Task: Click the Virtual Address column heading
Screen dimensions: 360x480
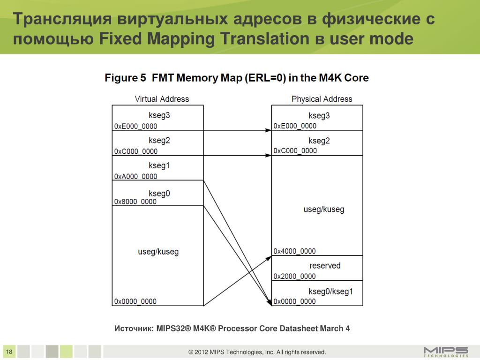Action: pyautogui.click(x=162, y=99)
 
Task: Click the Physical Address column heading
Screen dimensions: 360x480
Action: pyautogui.click(x=322, y=99)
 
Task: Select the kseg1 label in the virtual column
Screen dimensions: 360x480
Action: pyautogui.click(x=159, y=165)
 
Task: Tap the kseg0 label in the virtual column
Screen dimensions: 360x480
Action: pyautogui.click(x=159, y=193)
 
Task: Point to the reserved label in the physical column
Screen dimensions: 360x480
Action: pyautogui.click(x=325, y=266)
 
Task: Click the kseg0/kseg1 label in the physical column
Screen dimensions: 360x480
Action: pyautogui.click(x=331, y=292)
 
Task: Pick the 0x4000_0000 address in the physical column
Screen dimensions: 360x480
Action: pyautogui.click(x=295, y=251)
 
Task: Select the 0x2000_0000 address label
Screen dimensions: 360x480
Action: pyautogui.click(x=295, y=276)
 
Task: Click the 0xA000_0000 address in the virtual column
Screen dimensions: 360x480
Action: pyautogui.click(x=135, y=176)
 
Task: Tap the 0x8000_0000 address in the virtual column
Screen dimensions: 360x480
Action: pyautogui.click(x=135, y=202)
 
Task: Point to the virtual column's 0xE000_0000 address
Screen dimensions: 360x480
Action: pyautogui.click(x=135, y=126)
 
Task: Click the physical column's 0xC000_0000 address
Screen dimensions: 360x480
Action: pyautogui.click(x=295, y=150)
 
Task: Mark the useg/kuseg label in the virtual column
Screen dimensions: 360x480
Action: pyautogui.click(x=158, y=252)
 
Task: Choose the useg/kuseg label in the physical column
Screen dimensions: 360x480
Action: pyautogui.click(x=324, y=210)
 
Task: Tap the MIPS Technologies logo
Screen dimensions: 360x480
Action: pyautogui.click(x=445, y=351)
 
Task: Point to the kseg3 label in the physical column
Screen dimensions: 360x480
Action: pyautogui.click(x=319, y=116)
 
